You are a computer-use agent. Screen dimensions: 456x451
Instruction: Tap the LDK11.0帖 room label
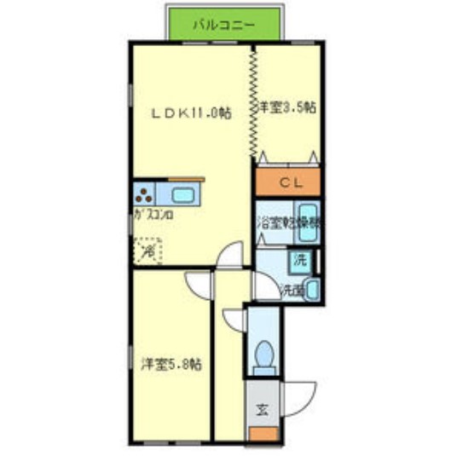tap(192, 113)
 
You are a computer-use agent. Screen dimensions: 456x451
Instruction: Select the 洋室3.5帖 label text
tap(288, 107)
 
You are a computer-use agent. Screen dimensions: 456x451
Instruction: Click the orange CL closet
tap(287, 182)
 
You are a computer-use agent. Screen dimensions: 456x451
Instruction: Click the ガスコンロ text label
tap(154, 216)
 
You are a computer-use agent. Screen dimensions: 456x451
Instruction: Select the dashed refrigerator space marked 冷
tap(147, 251)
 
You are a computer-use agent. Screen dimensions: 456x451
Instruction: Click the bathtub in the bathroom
tap(308, 219)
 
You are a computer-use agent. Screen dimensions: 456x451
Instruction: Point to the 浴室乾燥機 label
tap(290, 223)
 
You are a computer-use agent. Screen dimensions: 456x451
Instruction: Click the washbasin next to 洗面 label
tap(313, 289)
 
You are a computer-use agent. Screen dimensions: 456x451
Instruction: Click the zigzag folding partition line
tap(253, 102)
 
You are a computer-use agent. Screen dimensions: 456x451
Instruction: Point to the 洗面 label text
tap(292, 291)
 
